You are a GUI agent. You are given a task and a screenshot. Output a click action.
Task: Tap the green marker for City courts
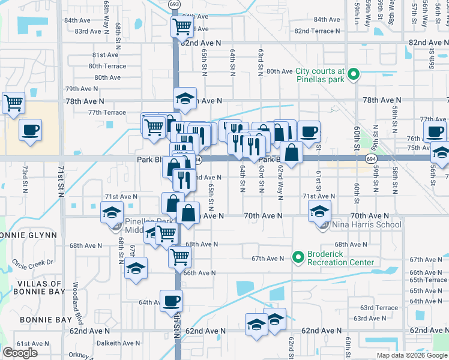pos(354,75)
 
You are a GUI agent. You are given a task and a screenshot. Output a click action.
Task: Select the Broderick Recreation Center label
pos(340,258)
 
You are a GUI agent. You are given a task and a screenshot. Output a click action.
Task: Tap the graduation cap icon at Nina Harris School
pos(319,211)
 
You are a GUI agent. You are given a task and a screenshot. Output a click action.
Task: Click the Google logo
pos(20,353)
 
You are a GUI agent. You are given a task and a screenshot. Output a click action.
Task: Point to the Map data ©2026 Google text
pos(411,355)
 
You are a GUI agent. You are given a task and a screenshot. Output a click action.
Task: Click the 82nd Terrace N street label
pos(318,31)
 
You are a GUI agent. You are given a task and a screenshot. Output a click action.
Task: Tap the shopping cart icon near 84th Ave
pos(181,26)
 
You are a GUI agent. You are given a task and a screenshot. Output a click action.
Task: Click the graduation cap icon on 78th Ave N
pos(185,98)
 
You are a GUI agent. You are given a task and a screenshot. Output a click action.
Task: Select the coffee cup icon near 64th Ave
pos(171,300)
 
